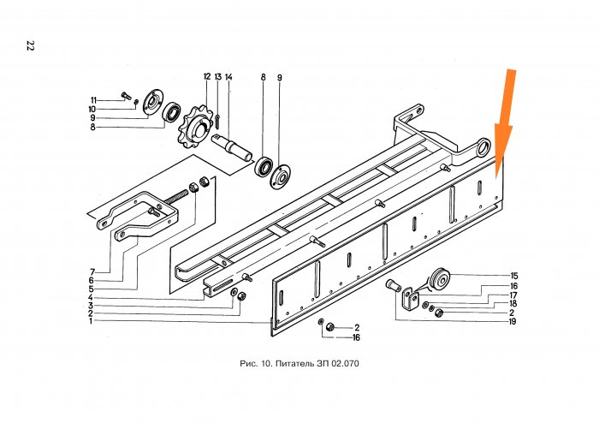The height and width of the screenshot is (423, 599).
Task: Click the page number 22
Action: coord(30,45)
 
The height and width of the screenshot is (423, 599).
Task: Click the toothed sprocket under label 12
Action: coord(196,126)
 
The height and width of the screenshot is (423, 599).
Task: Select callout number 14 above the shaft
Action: coord(228,77)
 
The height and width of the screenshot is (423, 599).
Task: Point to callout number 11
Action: coord(93,100)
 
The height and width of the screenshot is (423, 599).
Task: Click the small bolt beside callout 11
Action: coord(126,96)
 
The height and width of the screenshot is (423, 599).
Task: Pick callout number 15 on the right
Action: coord(514,276)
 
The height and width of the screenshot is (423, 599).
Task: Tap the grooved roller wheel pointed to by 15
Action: coord(440,279)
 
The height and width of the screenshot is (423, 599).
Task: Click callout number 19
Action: coord(512,321)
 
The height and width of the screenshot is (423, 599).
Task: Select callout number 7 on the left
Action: coord(92,272)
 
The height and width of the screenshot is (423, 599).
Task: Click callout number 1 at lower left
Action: coord(91,321)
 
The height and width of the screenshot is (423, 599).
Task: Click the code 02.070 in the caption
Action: coord(345,363)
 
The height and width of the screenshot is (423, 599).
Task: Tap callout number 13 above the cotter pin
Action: coord(217,77)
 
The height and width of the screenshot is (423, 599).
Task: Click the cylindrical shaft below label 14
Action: coord(232,147)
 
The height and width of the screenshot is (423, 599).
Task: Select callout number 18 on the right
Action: coord(513,304)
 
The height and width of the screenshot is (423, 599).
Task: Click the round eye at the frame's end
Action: coord(483,146)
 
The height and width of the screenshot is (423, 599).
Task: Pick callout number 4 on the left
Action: coord(91,298)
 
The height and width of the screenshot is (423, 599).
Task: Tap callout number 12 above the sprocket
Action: coord(207,77)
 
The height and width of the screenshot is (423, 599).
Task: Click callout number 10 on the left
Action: coord(92,110)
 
